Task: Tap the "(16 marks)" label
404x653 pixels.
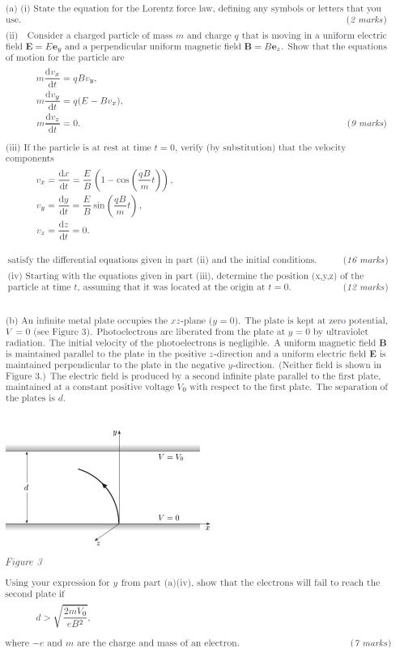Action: pyautogui.click(x=366, y=261)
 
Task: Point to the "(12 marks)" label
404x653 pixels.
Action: pyautogui.click(x=366, y=286)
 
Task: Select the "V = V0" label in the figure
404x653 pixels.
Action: pyautogui.click(x=171, y=457)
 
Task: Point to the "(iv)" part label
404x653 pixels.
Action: pyautogui.click(x=15, y=276)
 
